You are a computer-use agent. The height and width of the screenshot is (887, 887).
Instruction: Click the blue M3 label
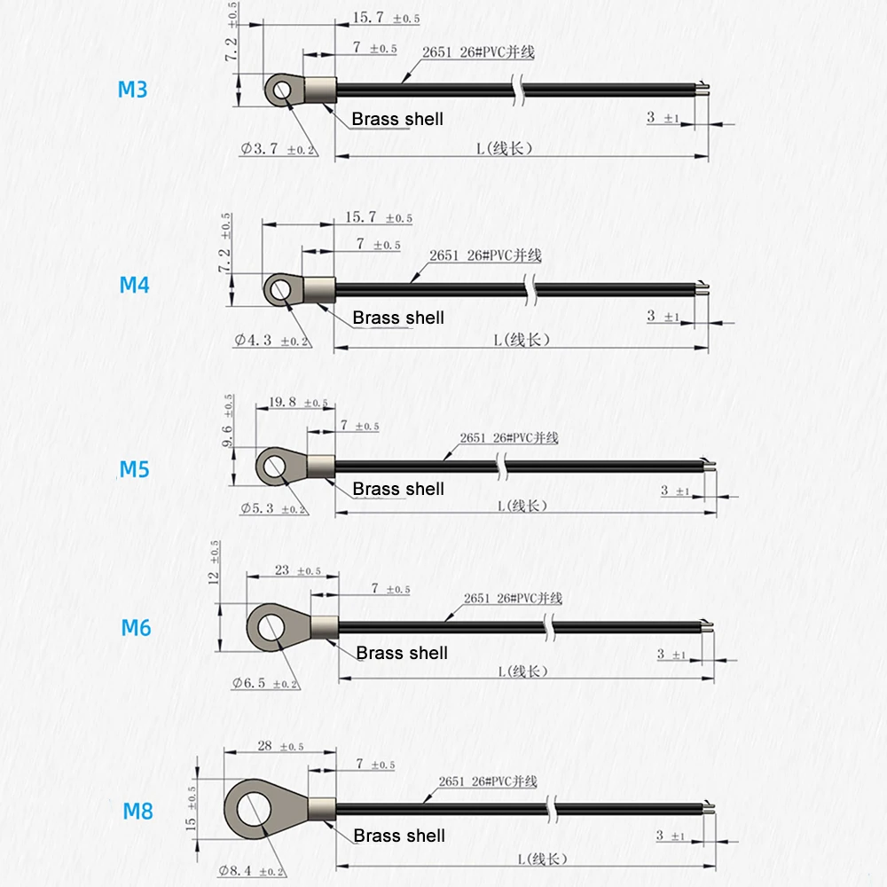tap(133, 90)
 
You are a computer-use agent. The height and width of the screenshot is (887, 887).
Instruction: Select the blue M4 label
tap(135, 285)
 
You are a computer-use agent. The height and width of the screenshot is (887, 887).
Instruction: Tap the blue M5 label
tap(135, 468)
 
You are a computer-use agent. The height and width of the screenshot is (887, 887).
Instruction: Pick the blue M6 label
tap(136, 628)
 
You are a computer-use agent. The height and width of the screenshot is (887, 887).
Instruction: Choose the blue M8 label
tap(137, 810)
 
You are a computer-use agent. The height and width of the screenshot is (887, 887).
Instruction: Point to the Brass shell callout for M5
tap(397, 489)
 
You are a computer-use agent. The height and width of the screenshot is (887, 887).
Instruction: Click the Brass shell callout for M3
tap(396, 119)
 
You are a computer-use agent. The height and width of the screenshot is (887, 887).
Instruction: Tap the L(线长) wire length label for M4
tap(522, 340)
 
